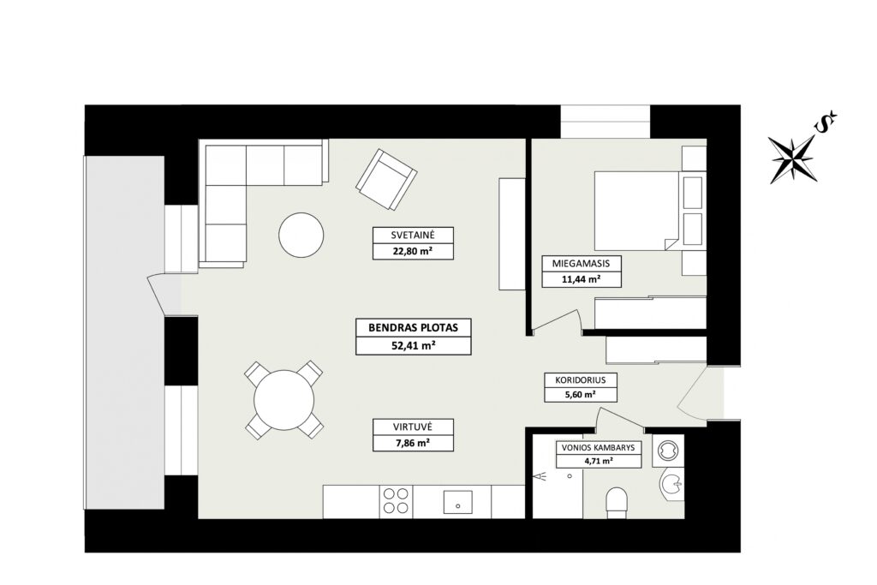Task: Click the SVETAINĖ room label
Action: (x=413, y=235)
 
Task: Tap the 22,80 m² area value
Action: (x=413, y=252)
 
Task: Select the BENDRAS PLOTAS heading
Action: (x=414, y=328)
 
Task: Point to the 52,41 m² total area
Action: (x=414, y=346)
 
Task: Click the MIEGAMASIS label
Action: (x=582, y=264)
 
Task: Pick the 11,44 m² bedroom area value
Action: (x=582, y=279)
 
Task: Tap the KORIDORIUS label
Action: (x=581, y=379)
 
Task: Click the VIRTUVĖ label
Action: (x=413, y=427)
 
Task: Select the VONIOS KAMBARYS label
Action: (x=598, y=447)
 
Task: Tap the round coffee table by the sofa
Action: (x=301, y=235)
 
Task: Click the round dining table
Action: (x=284, y=400)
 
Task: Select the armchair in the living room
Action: (x=386, y=179)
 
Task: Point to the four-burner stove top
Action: (x=396, y=501)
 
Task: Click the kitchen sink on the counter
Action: (x=458, y=503)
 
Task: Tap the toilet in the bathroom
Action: (x=617, y=502)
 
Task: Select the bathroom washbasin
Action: (x=671, y=485)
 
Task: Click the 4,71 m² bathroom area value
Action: (x=598, y=462)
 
